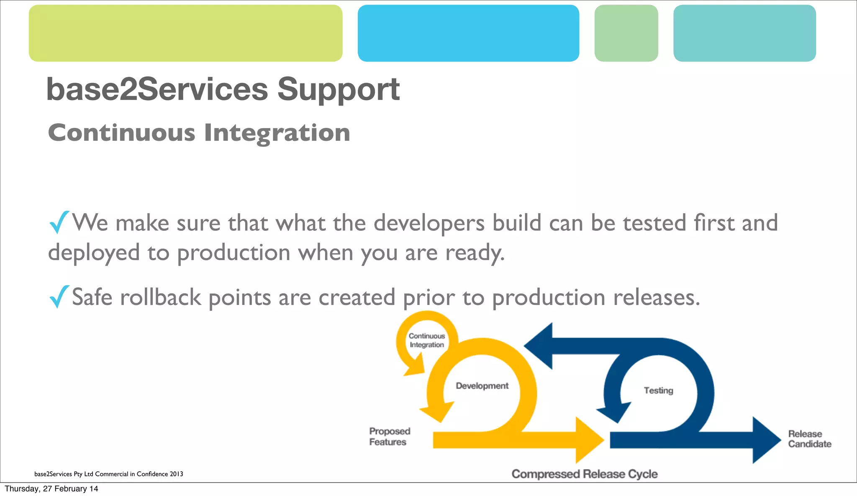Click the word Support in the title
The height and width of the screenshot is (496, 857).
click(338, 90)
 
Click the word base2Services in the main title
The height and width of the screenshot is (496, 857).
click(157, 89)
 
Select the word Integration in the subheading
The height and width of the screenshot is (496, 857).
click(277, 133)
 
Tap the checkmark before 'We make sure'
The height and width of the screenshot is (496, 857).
click(59, 222)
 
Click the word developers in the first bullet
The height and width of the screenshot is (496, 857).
click(429, 223)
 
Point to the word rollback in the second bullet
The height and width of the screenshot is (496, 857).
click(161, 297)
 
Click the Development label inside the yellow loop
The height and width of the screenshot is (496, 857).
click(482, 386)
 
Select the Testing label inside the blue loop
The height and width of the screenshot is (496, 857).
click(658, 390)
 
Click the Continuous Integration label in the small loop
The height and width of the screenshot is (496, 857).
click(426, 340)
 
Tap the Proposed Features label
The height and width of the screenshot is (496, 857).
click(389, 437)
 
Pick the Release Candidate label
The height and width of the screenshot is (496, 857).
click(809, 439)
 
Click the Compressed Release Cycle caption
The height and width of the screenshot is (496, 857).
click(584, 474)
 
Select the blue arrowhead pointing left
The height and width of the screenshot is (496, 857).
click(540, 346)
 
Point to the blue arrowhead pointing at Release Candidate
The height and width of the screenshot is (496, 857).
click(766, 440)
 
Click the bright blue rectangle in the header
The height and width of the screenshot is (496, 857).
click(468, 33)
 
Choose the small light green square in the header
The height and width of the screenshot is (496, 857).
click(626, 33)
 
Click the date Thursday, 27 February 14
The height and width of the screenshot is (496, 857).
click(51, 489)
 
